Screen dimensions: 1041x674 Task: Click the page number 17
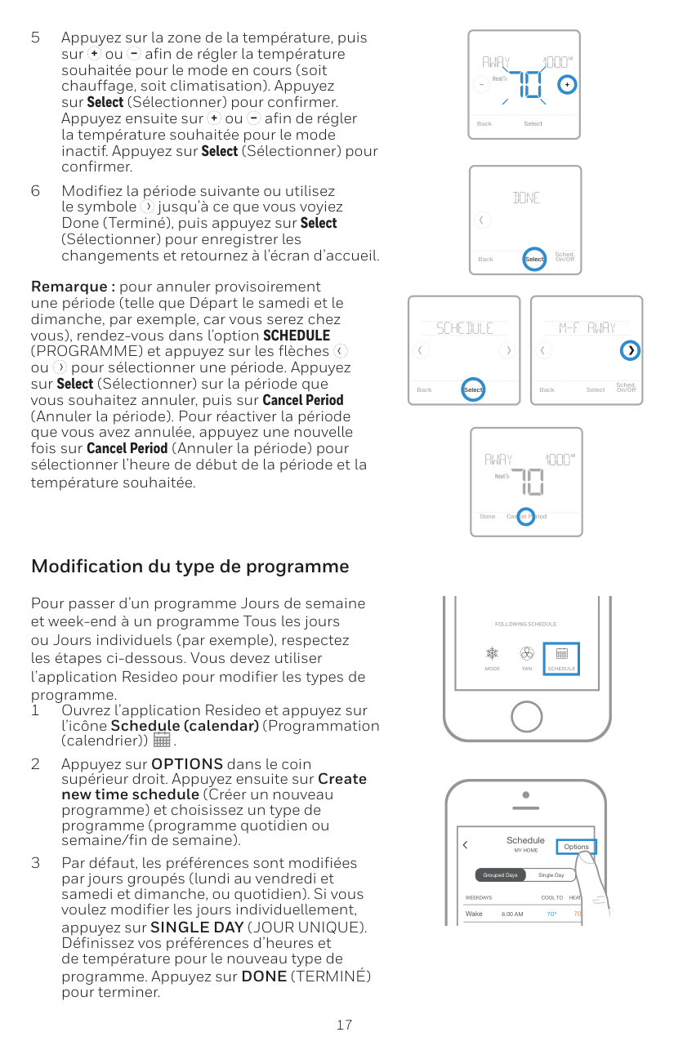point(344,1025)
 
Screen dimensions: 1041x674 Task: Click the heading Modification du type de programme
point(190,567)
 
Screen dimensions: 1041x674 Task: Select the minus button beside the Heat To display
point(481,86)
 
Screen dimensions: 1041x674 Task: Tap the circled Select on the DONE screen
point(533,259)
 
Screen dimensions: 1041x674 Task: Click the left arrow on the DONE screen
point(482,220)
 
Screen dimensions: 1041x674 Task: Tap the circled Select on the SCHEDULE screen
point(472,390)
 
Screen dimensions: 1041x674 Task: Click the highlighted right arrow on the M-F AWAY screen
point(630,351)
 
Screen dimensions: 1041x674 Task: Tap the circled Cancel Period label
point(526,517)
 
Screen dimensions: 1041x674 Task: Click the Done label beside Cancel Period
point(487,517)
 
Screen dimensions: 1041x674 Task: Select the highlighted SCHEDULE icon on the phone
point(561,658)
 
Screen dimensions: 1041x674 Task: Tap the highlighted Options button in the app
point(576,847)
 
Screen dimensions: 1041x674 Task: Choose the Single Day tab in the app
point(551,875)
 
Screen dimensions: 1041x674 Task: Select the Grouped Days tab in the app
point(500,875)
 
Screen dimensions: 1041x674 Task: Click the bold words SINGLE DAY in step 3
point(197,928)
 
